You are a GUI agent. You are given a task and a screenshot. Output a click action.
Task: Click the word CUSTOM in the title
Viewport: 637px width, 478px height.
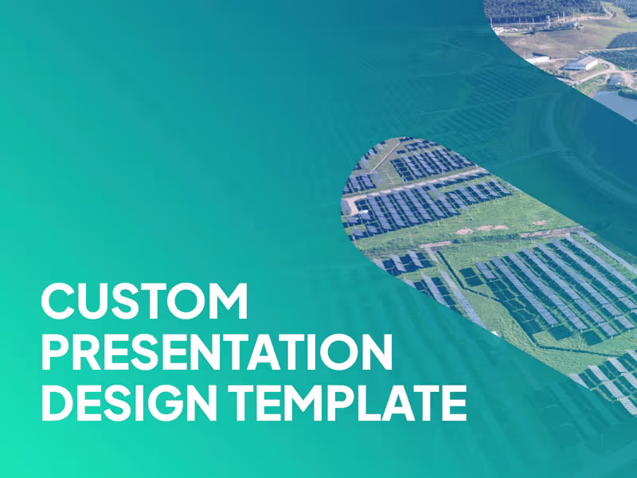click(144, 302)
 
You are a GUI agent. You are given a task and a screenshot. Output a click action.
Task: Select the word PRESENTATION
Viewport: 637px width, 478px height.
click(217, 353)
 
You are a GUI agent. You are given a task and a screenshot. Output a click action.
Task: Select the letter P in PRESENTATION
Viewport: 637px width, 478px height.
click(56, 353)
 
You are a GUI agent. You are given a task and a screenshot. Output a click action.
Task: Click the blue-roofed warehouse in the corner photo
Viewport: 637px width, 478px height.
click(583, 63)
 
